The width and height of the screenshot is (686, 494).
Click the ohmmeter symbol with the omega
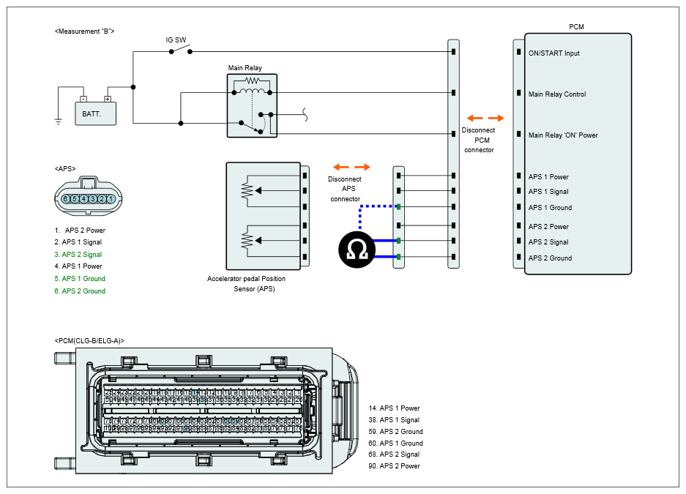pos(357,248)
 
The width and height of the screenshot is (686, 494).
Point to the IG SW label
pos(176,40)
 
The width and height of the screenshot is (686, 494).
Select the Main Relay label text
pos(245,68)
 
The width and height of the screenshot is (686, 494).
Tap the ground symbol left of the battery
pos(59,121)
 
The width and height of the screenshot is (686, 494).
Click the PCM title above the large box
pos(577,27)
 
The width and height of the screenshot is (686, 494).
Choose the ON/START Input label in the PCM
pos(554,53)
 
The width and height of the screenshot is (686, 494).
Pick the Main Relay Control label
pos(557,94)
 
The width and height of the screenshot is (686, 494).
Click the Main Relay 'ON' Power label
pos(563,135)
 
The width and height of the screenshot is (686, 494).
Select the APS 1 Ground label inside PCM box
pos(550,208)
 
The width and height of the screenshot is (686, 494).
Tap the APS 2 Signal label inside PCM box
pos(548,242)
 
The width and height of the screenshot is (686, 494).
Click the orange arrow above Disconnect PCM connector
pos(485,118)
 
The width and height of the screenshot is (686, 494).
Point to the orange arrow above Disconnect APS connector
pos(351,167)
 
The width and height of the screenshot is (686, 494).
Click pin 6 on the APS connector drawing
pos(66,198)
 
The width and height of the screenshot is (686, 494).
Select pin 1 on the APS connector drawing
pos(111,198)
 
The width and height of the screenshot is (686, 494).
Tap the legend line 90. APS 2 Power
pos(394,466)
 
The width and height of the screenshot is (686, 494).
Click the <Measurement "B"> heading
pos(84,31)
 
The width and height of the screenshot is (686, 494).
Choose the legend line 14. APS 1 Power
pos(394,408)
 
